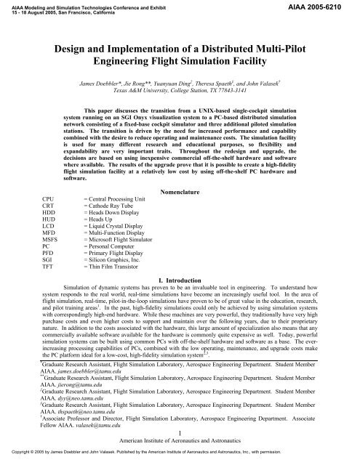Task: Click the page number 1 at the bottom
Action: pos(179,433)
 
